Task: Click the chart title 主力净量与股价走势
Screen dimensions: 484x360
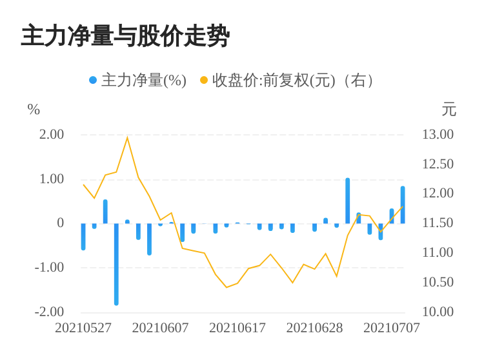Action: [x=125, y=36]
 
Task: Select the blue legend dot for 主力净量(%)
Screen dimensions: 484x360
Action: [x=93, y=80]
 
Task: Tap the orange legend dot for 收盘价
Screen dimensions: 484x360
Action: [x=204, y=80]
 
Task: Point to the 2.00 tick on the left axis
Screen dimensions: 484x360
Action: [x=52, y=134]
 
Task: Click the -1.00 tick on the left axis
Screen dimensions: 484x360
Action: [x=49, y=268]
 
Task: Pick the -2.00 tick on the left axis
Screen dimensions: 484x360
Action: [x=49, y=312]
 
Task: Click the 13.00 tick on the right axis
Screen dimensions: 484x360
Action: [x=438, y=134]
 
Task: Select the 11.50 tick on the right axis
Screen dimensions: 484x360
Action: [x=438, y=223]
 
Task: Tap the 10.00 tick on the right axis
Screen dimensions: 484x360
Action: [x=438, y=312]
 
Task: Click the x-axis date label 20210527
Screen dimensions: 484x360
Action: [x=83, y=328]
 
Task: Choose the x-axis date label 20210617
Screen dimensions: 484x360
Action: [x=237, y=328]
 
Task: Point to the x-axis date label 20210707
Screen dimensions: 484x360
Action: [x=392, y=328]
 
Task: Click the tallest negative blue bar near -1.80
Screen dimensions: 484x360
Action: [x=116, y=264]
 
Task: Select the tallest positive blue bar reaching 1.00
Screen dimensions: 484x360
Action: [x=348, y=201]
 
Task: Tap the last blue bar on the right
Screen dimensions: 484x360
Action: [x=403, y=205]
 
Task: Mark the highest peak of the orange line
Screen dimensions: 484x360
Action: [x=128, y=137]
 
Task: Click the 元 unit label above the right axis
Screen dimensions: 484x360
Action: [x=449, y=110]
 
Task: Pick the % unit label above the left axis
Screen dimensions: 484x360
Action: [x=34, y=110]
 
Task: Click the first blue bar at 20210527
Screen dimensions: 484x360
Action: [x=83, y=237]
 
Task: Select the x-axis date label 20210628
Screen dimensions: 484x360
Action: [x=314, y=328]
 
